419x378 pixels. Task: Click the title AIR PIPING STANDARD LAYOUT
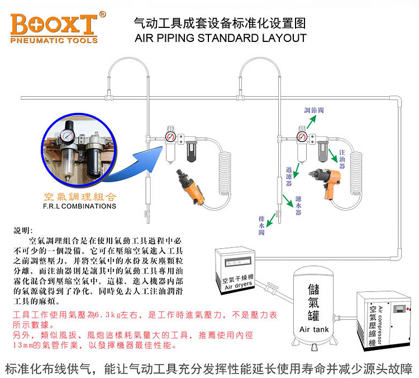(x=221, y=38)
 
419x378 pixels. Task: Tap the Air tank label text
(x=314, y=329)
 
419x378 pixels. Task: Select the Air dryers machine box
(x=235, y=271)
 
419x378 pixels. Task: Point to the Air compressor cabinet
(x=383, y=320)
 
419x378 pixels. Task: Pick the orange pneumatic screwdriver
(x=191, y=187)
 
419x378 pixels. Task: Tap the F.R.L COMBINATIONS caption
(x=80, y=206)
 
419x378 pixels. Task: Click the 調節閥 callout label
(x=314, y=110)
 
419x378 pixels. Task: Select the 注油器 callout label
(x=342, y=159)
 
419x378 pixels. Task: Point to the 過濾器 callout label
(x=289, y=176)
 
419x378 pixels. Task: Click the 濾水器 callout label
(x=298, y=205)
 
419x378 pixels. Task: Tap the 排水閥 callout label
(x=261, y=225)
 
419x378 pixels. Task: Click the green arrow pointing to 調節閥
(x=311, y=122)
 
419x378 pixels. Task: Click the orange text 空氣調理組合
(x=80, y=197)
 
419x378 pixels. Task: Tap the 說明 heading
(x=23, y=230)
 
